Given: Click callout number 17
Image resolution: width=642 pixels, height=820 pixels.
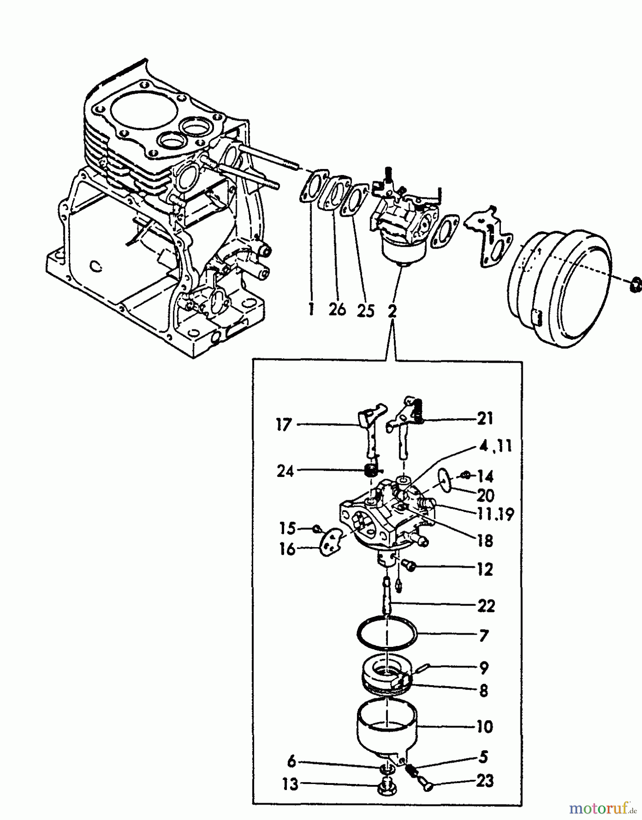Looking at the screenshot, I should (x=283, y=425).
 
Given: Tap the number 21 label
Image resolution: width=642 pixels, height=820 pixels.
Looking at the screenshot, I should (x=484, y=418).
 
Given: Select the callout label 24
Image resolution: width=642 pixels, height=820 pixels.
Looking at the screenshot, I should (x=285, y=471).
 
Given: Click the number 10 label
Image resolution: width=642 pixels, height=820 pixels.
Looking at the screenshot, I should (x=484, y=726).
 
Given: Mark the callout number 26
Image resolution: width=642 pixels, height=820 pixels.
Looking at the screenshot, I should (x=337, y=310).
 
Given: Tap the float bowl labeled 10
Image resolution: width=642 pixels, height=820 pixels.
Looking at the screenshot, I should (x=386, y=729).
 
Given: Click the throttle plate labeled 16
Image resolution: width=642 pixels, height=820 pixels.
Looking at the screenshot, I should (x=330, y=542).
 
